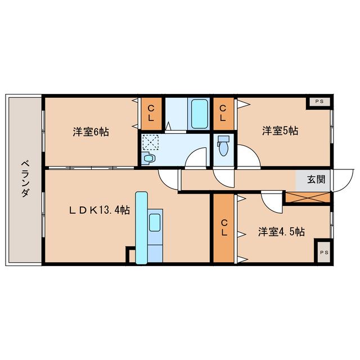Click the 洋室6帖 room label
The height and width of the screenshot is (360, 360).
coord(91,132)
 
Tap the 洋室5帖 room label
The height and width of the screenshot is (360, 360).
coord(280,131)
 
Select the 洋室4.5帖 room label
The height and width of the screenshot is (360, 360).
coord(281,232)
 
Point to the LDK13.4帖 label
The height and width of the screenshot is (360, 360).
coord(100,210)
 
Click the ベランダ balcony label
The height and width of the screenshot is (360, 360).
coord(25,179)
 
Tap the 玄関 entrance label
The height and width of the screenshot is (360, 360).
coord(316,179)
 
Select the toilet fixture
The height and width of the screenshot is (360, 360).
coord(223,146)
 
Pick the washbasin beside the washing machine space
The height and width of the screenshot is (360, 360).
coord(147,158)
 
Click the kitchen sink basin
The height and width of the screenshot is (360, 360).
coord(155,222)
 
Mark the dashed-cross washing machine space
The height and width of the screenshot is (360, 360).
coord(150,142)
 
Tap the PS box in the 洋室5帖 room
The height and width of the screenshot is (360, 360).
coord(319,102)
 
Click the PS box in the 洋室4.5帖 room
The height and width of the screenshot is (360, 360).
coord(324,253)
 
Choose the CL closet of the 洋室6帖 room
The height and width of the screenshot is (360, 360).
coord(151,114)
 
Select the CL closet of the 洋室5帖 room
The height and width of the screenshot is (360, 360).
coord(223,114)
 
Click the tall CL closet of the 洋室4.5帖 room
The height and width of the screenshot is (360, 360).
coord(224,228)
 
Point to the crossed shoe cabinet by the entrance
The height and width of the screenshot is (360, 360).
coord(308,197)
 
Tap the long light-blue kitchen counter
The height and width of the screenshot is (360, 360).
coord(141,228)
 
